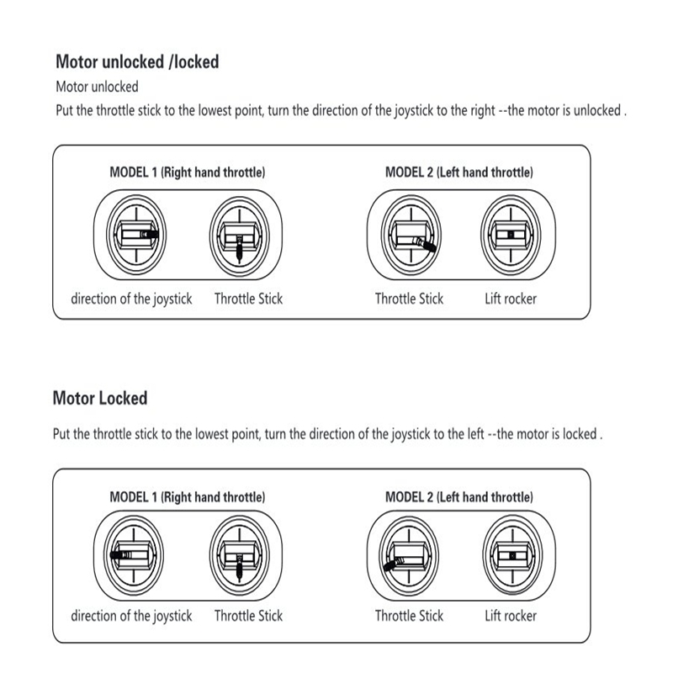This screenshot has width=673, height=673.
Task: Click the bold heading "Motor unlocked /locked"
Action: (x=137, y=61)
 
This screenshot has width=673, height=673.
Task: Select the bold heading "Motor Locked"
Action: (x=100, y=398)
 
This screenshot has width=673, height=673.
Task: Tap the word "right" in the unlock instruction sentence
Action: (x=478, y=111)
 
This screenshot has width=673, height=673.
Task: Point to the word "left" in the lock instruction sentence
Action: (x=470, y=435)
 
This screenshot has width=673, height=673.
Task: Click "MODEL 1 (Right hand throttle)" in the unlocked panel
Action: (x=188, y=172)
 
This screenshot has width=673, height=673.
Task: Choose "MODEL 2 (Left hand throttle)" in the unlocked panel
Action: (x=458, y=172)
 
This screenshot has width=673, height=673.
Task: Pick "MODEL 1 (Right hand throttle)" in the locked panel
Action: (x=188, y=497)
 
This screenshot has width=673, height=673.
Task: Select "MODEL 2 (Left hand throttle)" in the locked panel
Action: (x=458, y=497)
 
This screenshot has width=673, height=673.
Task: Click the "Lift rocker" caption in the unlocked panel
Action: (x=511, y=299)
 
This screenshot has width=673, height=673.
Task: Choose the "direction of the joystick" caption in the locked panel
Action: (x=131, y=617)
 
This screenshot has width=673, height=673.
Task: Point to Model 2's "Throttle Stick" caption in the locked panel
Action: (x=409, y=617)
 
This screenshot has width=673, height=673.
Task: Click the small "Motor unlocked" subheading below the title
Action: (x=97, y=87)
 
